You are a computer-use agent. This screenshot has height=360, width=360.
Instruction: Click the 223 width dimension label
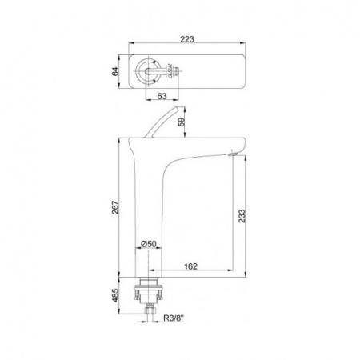(x=187, y=39)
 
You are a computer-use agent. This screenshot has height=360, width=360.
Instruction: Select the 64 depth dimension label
(x=115, y=71)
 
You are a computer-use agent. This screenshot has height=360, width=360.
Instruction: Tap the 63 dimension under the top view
(x=162, y=96)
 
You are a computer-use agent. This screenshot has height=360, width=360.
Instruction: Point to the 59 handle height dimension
(x=182, y=122)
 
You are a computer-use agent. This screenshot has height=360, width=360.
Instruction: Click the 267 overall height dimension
(x=115, y=207)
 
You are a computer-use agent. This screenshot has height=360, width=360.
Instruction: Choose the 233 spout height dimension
(x=242, y=216)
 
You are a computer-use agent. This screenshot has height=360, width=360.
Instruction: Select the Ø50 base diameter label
(x=148, y=244)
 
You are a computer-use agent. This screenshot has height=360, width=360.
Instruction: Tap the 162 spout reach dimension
(x=190, y=266)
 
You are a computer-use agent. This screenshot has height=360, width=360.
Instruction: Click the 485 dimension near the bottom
(x=115, y=295)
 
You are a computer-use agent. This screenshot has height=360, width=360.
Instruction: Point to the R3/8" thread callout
(x=174, y=318)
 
